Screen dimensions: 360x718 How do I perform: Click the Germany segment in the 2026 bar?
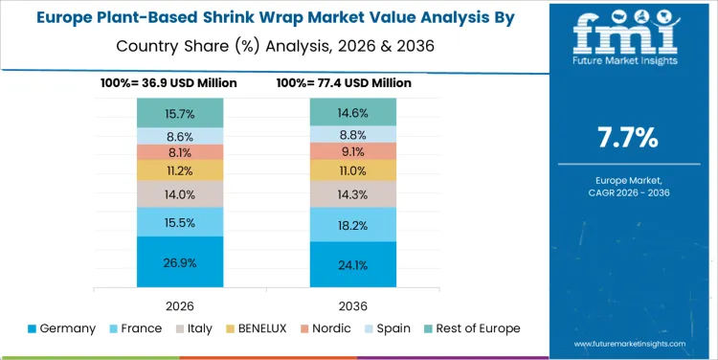click(x=180, y=261)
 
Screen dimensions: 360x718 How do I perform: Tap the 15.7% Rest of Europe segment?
click(x=180, y=113)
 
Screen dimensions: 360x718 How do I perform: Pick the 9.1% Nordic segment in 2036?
click(x=352, y=151)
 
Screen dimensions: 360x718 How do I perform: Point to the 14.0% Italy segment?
click(x=180, y=194)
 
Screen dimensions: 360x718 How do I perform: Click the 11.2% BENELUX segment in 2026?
click(x=180, y=170)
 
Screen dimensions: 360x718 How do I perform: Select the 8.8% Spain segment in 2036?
click(x=352, y=135)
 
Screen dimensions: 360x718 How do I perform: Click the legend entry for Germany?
click(x=62, y=328)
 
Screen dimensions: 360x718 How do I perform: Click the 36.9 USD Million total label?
click(x=168, y=83)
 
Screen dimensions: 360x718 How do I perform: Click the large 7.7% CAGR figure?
click(x=627, y=138)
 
